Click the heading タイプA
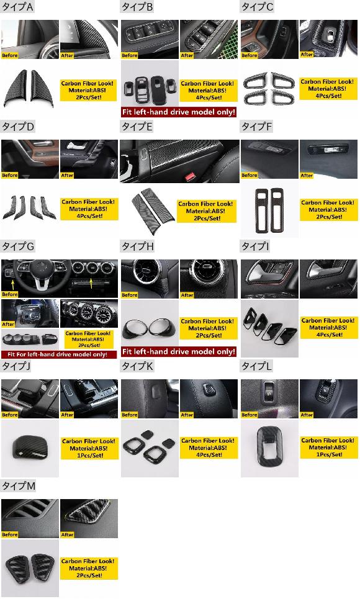[17, 7]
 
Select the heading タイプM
[19, 486]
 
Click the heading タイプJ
[16, 366]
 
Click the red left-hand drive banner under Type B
[179, 112]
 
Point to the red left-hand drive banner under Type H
[179, 351]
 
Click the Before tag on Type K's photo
[130, 415]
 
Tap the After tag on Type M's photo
[67, 535]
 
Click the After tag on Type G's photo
[8, 324]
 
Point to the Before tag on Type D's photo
[10, 175]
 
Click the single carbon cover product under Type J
[30, 448]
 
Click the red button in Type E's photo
[189, 177]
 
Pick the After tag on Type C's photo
[307, 55]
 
